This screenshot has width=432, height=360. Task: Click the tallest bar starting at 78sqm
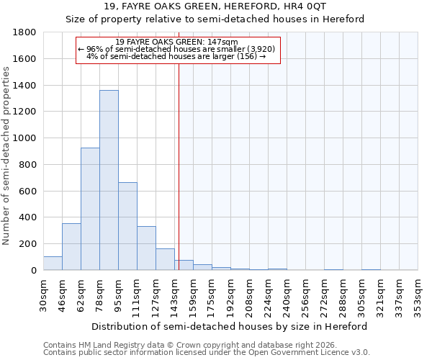109,180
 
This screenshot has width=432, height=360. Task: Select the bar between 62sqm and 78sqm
90,209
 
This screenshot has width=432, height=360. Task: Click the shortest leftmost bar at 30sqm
53,264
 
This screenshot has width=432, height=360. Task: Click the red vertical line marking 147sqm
179,166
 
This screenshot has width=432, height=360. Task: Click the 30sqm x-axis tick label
43,294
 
